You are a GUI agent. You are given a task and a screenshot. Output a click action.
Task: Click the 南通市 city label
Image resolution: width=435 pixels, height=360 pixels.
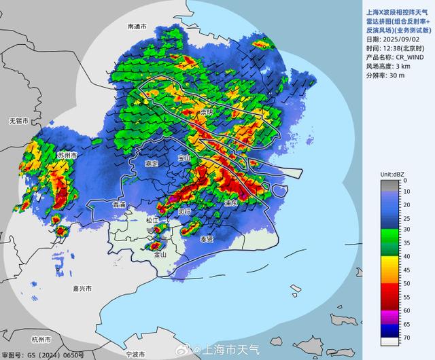137,26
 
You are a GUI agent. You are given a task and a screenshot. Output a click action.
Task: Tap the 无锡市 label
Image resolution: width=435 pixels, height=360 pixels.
18,121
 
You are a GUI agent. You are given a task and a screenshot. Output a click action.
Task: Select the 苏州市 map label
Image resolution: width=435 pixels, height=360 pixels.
67,156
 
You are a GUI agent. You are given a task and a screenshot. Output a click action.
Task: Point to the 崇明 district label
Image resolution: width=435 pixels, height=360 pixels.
206,111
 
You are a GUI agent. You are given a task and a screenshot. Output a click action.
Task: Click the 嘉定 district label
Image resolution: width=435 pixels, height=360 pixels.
152,164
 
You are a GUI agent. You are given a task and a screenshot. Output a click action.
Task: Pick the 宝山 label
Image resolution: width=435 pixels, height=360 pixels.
184,158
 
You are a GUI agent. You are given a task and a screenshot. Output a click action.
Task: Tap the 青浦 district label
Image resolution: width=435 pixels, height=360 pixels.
119,204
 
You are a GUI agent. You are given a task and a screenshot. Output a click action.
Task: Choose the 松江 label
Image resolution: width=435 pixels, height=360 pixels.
152,220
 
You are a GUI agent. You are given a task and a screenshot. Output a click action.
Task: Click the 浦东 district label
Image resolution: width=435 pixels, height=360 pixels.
230,202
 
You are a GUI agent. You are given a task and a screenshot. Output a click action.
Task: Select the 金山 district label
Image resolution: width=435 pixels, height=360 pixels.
160,255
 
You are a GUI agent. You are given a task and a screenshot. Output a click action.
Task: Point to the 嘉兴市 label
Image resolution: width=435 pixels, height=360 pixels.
82,289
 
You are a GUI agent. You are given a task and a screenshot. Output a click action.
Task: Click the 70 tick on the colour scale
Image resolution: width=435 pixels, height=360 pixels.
404,337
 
